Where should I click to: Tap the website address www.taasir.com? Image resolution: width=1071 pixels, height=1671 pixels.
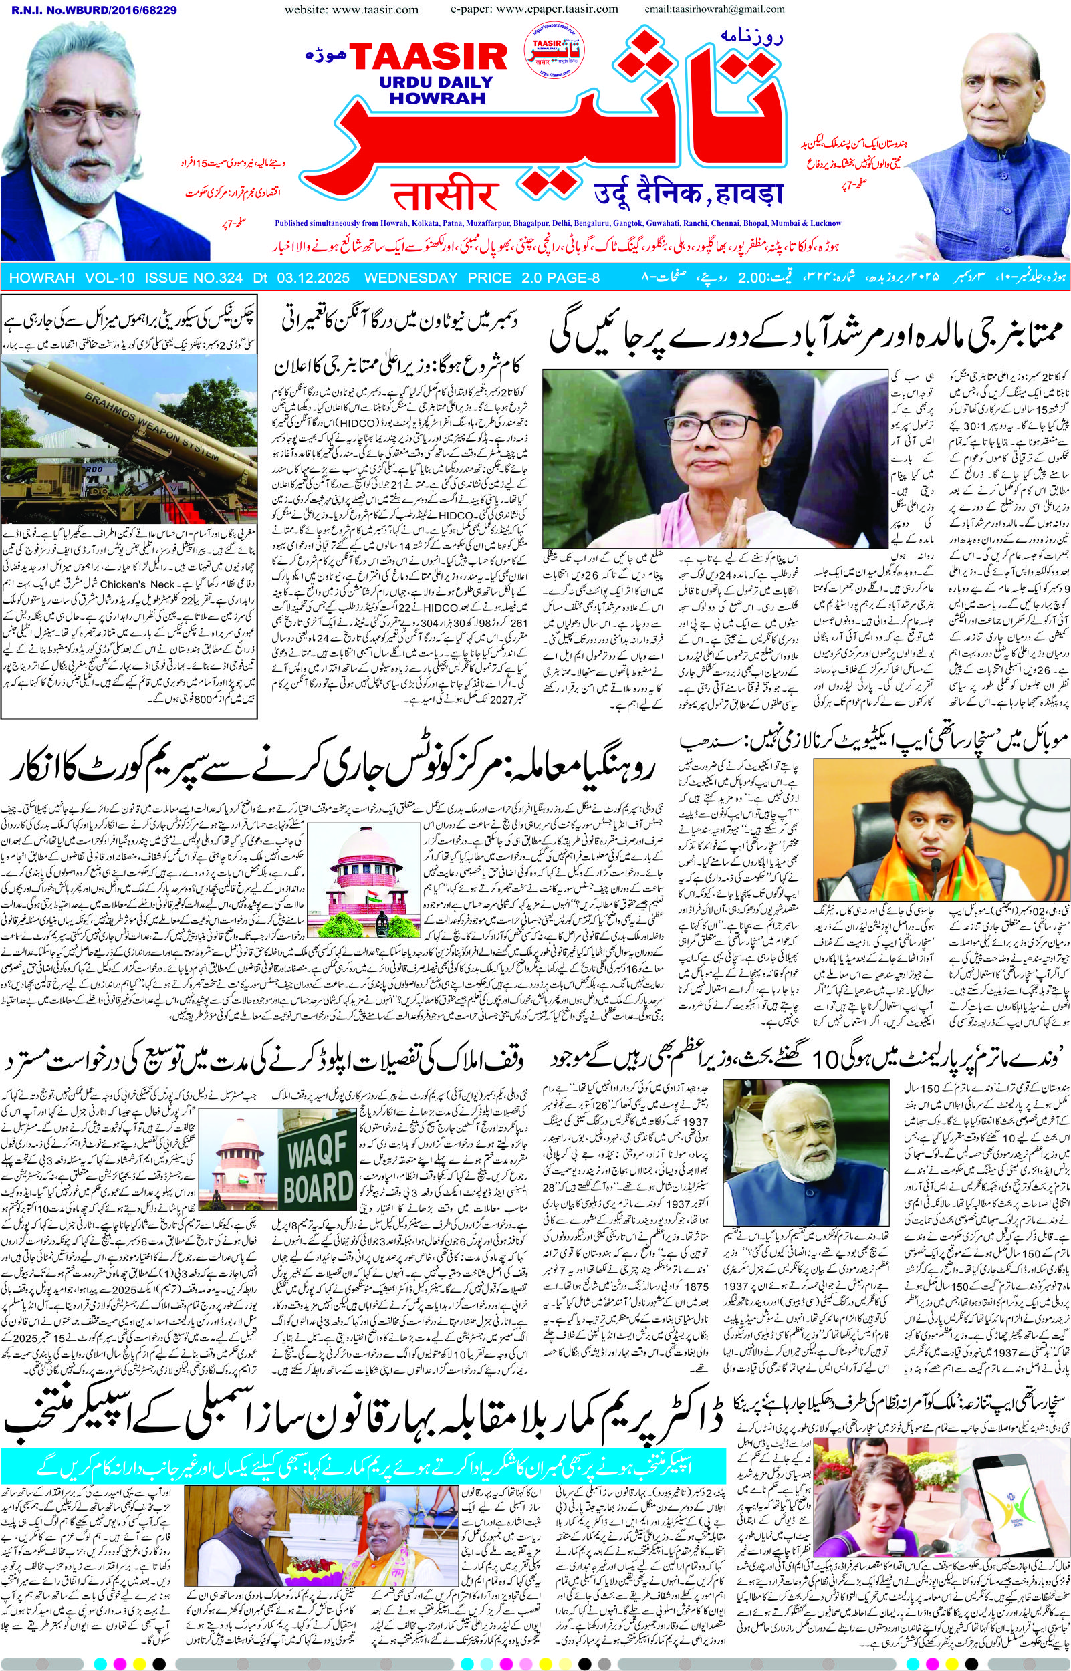click(351, 10)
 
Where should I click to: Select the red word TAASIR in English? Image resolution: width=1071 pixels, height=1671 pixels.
click(429, 58)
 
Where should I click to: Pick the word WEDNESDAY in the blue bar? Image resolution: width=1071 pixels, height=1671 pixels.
click(410, 278)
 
